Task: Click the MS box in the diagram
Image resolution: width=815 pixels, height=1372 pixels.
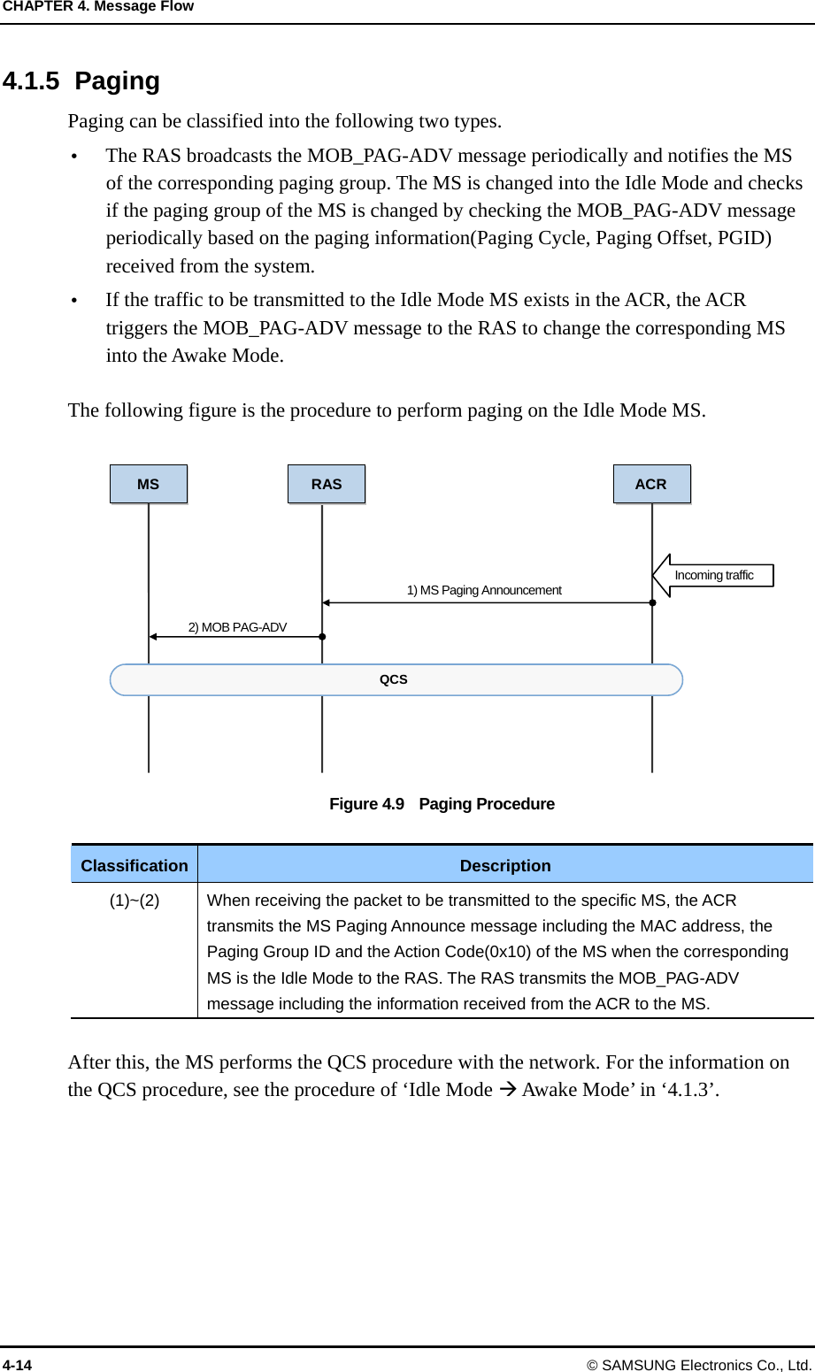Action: (x=149, y=484)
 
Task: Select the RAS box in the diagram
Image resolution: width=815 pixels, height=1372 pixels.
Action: (x=327, y=484)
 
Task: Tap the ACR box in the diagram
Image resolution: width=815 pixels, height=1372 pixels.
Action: (x=651, y=484)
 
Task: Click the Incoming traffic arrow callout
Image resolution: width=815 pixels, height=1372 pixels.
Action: (x=713, y=576)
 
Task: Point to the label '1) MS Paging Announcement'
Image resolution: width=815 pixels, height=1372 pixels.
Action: (x=484, y=590)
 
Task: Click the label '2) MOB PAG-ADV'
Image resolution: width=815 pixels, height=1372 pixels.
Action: (x=237, y=627)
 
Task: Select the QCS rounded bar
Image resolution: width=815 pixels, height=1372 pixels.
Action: (x=396, y=679)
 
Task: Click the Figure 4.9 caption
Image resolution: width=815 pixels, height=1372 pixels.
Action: (x=442, y=804)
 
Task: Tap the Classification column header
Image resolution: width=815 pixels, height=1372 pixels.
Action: (x=135, y=865)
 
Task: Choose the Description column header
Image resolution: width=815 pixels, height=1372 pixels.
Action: (x=505, y=865)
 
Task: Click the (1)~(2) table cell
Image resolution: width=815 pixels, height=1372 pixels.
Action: (x=135, y=901)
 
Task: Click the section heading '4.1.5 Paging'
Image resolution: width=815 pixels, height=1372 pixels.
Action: (x=81, y=81)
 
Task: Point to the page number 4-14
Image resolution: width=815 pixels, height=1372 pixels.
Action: (x=17, y=1365)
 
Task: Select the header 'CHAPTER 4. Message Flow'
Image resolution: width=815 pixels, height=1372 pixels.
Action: (x=97, y=7)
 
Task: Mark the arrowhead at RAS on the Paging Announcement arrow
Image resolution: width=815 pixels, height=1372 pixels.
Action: (x=326, y=602)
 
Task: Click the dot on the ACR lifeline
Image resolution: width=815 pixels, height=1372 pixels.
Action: (x=652, y=602)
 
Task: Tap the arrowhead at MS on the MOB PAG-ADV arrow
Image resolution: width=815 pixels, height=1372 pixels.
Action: (x=152, y=636)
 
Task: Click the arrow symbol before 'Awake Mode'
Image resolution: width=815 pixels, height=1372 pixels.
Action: (x=507, y=1090)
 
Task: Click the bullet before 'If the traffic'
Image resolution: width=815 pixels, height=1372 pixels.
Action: (x=74, y=301)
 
